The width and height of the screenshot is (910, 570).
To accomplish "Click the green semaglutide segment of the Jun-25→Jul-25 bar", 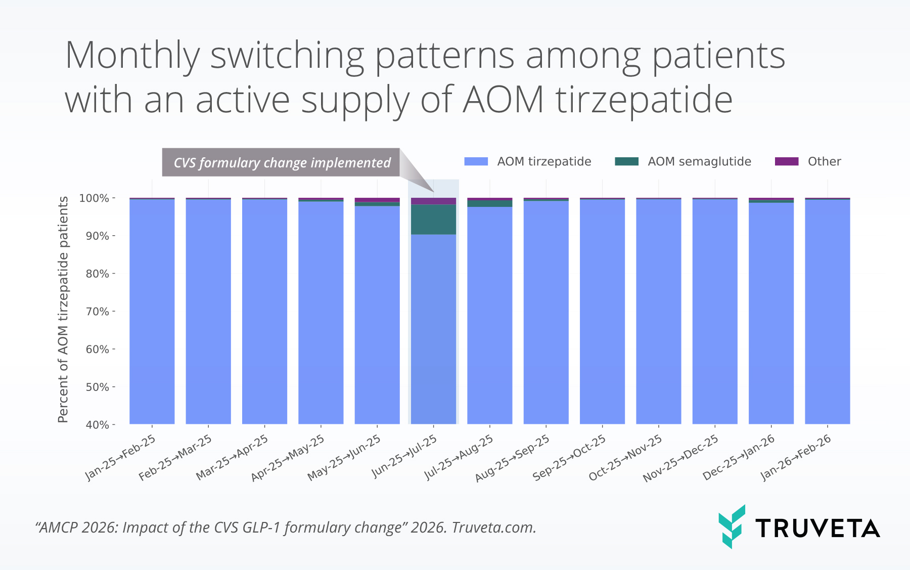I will [433, 219].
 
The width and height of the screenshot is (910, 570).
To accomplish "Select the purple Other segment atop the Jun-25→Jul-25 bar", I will [433, 201].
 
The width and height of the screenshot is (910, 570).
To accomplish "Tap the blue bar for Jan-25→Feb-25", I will [152, 311].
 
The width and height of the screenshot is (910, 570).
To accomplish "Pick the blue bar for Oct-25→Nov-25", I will [658, 311].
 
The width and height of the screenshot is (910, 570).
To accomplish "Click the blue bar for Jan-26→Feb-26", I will [827, 311].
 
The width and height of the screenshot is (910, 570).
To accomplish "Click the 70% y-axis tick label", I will [97, 312].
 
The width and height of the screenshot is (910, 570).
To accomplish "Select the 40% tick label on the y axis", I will [97, 425].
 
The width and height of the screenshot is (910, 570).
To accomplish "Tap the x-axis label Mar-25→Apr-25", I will [232, 457].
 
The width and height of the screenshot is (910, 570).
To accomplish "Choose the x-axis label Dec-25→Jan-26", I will [739, 457].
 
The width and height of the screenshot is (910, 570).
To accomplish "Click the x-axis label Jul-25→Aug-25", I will [458, 457].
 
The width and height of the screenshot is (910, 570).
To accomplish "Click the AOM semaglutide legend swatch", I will [626, 161].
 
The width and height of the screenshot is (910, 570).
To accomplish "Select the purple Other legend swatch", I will [786, 161].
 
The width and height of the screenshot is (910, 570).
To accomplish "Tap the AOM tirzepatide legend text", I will [544, 161].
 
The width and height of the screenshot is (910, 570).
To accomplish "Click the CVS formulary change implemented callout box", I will [281, 162].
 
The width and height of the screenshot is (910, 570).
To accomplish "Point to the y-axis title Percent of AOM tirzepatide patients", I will [63, 310].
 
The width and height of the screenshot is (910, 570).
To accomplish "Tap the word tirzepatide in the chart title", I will [644, 100].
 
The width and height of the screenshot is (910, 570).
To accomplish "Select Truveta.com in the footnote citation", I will [493, 528].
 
